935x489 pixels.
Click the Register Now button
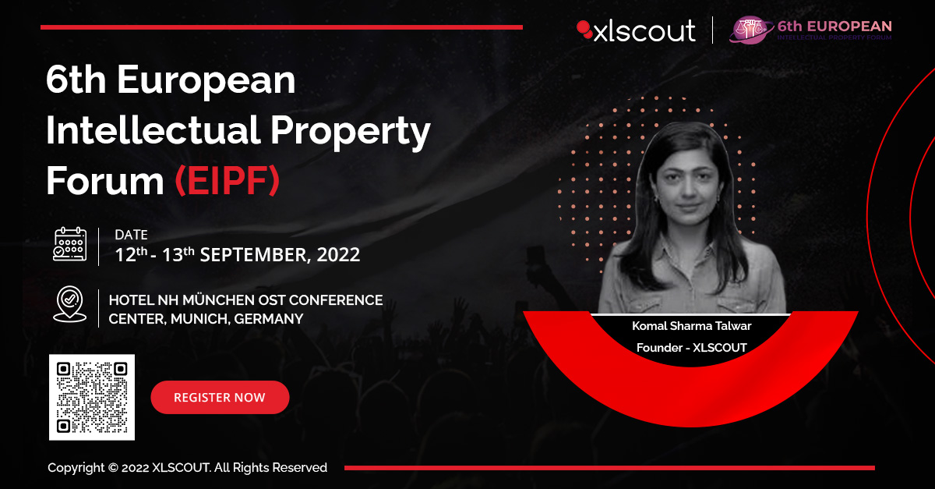(220, 398)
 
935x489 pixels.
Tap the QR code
(92, 397)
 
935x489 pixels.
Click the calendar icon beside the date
(69, 244)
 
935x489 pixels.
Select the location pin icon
(69, 304)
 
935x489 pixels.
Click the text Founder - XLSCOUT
(691, 347)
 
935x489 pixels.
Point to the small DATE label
(131, 235)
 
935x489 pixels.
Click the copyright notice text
(187, 468)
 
